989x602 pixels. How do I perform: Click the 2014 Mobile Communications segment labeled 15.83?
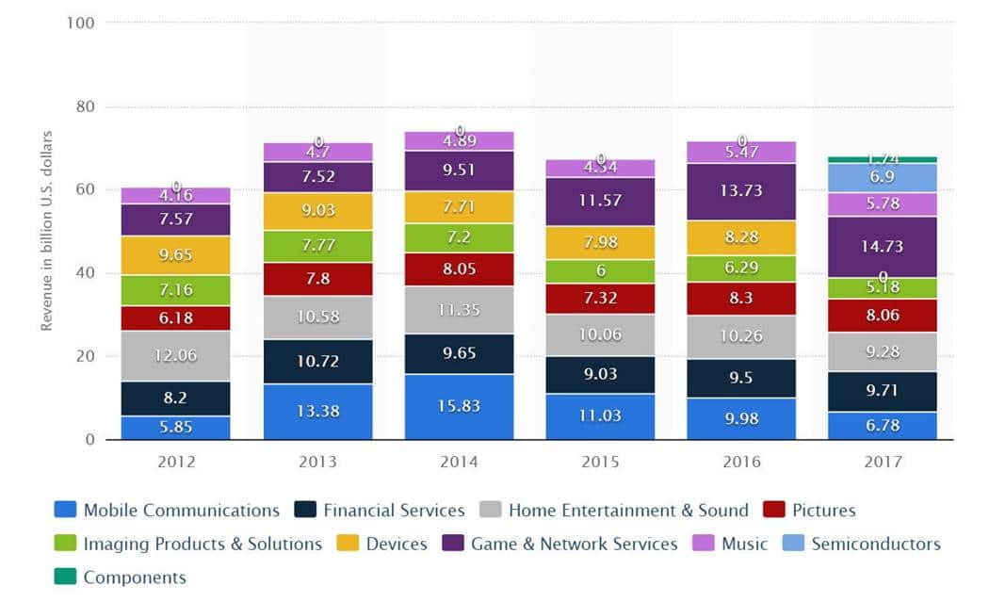point(459,406)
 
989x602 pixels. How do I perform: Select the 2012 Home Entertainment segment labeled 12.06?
point(175,355)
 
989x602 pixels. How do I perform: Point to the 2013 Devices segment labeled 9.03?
point(317,211)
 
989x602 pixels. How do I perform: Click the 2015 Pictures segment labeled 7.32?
point(600,299)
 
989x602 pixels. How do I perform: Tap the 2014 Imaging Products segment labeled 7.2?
point(459,237)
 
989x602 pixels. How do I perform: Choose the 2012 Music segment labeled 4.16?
point(175,196)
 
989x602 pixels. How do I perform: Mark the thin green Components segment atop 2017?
point(882,159)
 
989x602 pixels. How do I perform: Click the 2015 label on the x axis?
point(600,463)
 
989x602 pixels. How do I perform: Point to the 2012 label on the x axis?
point(175,463)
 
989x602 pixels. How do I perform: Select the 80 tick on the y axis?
point(85,106)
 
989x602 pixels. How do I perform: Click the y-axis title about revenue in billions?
point(46,232)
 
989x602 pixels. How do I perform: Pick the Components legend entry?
point(135,578)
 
